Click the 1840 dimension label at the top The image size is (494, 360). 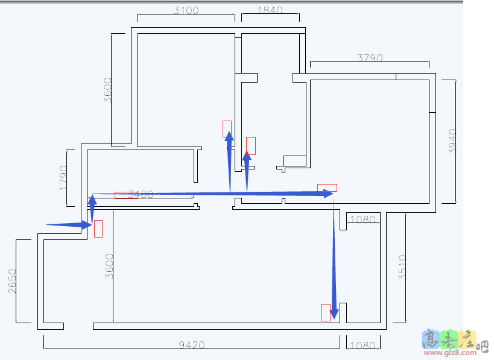click(270, 10)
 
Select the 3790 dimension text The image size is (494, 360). click(370, 58)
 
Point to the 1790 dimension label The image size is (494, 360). click(63, 177)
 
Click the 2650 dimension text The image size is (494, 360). click(12, 281)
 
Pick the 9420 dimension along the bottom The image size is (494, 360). click(192, 346)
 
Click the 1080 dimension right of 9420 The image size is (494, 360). click(363, 346)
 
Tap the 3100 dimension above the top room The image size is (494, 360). click(186, 10)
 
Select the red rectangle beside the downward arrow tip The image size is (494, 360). click(325, 312)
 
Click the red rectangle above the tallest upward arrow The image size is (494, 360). click(227, 128)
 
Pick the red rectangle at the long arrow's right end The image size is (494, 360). click(327, 188)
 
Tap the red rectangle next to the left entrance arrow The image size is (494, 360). click(98, 229)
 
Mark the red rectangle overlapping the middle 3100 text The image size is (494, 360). click(126, 195)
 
